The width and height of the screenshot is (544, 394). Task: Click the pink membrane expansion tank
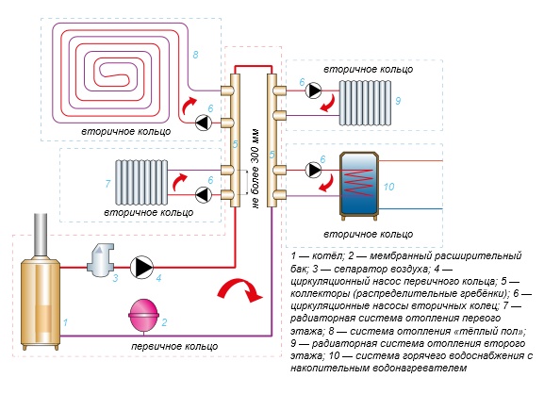[143, 316]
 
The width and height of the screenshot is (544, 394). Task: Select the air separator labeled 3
[101, 260]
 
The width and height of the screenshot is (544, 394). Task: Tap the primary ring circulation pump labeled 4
[141, 267]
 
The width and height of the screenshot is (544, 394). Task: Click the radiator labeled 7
[141, 183]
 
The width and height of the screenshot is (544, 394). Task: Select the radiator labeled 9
[365, 103]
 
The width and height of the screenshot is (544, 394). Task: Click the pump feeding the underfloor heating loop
[204, 123]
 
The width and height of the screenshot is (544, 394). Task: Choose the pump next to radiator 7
[204, 194]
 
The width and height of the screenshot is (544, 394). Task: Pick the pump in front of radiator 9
[313, 90]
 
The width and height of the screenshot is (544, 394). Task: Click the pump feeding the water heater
[313, 170]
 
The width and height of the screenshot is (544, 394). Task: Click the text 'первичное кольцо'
[174, 346]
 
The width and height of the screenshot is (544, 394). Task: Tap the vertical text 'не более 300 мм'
[256, 169]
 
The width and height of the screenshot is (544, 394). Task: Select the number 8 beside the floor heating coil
[195, 55]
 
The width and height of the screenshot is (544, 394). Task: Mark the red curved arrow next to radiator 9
[327, 104]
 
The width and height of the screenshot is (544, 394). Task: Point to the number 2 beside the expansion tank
[164, 322]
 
